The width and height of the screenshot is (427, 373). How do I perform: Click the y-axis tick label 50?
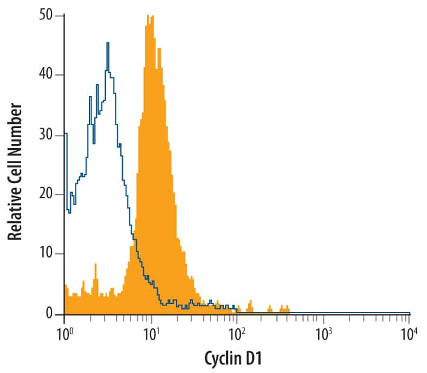pyautogui.click(x=45, y=15)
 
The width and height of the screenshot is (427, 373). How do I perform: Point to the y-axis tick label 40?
pyautogui.click(x=45, y=75)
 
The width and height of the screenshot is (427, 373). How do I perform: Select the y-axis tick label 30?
pyautogui.click(x=45, y=135)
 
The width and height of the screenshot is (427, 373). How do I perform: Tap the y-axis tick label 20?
pyautogui.click(x=45, y=195)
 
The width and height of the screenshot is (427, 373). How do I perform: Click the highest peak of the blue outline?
pyautogui.click(x=108, y=43)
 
